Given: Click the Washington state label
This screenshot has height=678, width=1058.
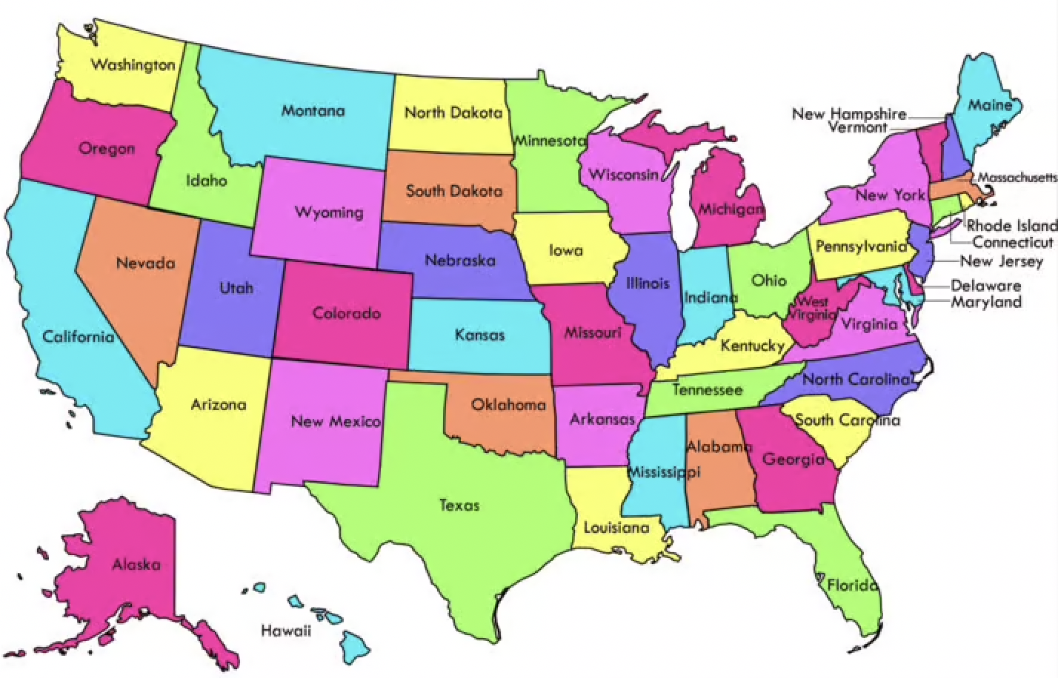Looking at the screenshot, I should coord(133,65).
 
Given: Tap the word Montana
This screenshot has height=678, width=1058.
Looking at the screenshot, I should coord(313,111).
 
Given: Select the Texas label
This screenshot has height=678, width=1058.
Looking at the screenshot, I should coord(459,506).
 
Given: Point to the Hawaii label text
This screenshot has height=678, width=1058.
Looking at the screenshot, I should coord(286,631).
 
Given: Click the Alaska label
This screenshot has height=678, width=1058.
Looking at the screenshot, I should coord(136,565).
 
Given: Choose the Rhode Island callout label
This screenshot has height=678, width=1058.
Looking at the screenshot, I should coord(1011,226).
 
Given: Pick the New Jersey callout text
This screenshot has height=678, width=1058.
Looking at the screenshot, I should coord(1001,261).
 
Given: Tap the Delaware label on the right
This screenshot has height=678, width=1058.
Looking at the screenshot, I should coord(985,286).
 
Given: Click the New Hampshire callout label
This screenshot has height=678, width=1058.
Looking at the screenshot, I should coord(849,114).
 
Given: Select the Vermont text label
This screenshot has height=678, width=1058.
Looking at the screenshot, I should coord(857,127).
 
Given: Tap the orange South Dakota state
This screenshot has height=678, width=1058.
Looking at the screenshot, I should coord(453,191).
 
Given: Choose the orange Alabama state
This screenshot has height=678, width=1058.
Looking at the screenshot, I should coord(717,474).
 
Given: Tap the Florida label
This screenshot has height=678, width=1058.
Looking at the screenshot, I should coord(852,585).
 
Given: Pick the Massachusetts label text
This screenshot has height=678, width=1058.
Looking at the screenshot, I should coord(1017,178).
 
